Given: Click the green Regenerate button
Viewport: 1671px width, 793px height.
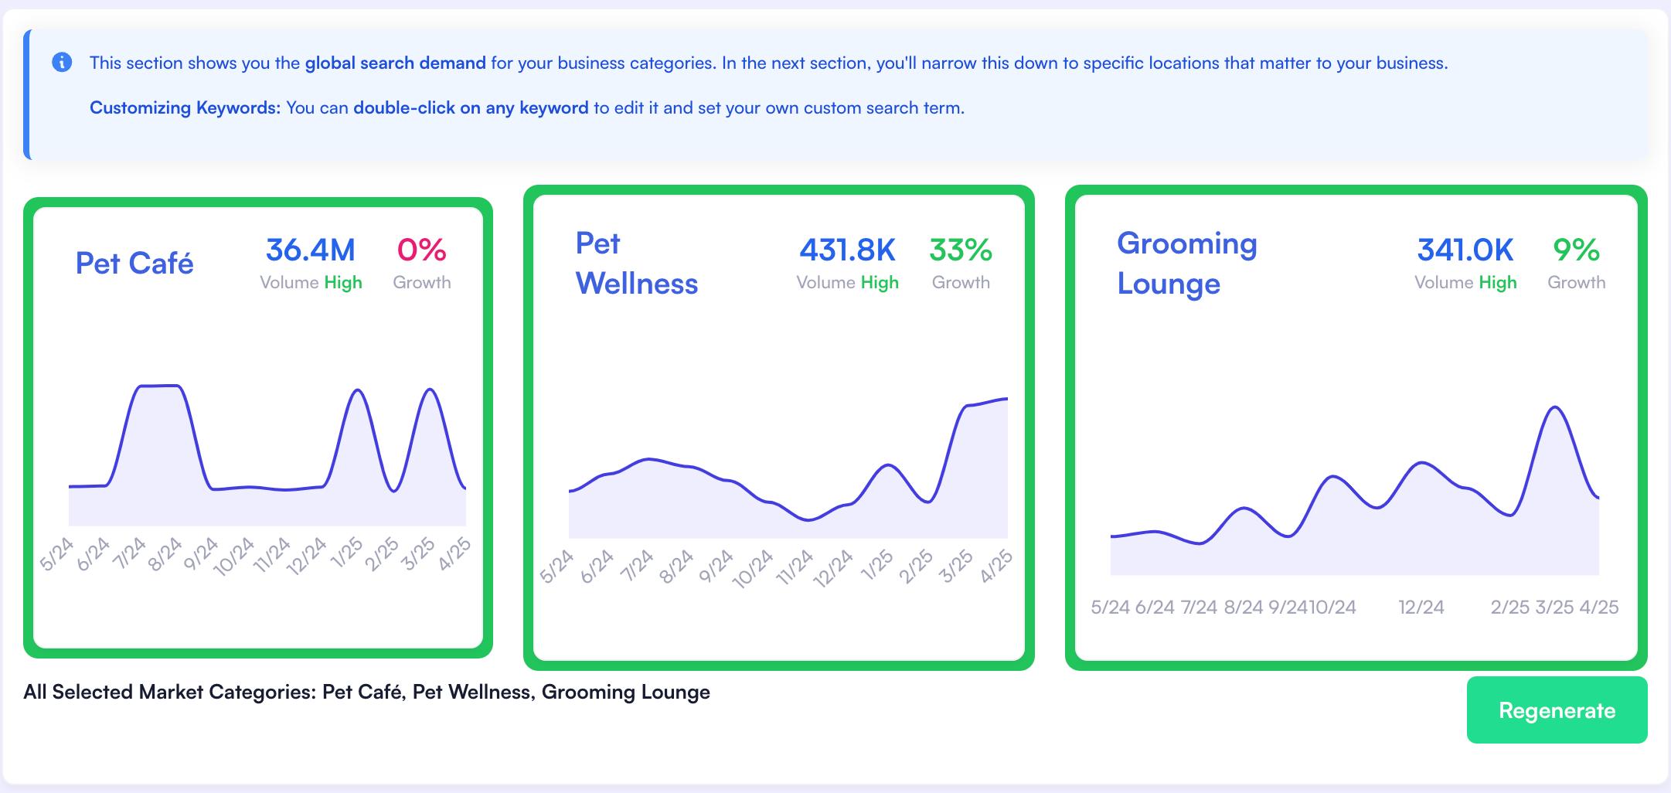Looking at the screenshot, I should tap(1557, 710).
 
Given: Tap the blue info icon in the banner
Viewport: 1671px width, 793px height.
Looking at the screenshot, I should tap(62, 63).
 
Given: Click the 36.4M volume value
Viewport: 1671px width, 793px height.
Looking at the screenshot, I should tap(311, 250).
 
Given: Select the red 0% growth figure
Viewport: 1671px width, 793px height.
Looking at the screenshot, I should tap(421, 250).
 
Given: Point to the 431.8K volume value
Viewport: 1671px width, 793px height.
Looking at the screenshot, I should tap(847, 250).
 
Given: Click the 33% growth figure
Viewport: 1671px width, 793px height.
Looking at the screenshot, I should tap(961, 250).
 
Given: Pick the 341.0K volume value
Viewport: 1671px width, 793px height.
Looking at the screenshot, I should tap(1465, 250).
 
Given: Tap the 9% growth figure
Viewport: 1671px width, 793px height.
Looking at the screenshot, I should tap(1576, 250).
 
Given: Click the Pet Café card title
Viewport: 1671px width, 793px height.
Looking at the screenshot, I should tap(134, 264).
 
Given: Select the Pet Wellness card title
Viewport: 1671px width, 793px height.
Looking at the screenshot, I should tap(636, 264).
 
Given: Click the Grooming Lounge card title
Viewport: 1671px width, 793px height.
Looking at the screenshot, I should tap(1186, 264).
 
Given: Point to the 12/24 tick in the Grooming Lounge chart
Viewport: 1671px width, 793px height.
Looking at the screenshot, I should tap(1421, 608).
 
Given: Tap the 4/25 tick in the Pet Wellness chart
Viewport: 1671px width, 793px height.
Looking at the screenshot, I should tap(996, 567).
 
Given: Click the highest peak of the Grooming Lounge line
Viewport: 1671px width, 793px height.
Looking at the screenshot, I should tap(1554, 407).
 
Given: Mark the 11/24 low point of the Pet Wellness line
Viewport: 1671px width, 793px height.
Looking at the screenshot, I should tap(808, 520).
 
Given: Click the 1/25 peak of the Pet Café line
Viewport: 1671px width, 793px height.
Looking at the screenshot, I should tap(356, 390).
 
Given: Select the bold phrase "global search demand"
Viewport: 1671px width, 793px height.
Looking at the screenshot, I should tap(395, 63).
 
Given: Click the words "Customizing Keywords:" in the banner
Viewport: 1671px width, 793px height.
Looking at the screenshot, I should tap(185, 107).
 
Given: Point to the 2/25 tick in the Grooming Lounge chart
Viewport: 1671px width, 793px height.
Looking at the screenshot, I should tap(1509, 608).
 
